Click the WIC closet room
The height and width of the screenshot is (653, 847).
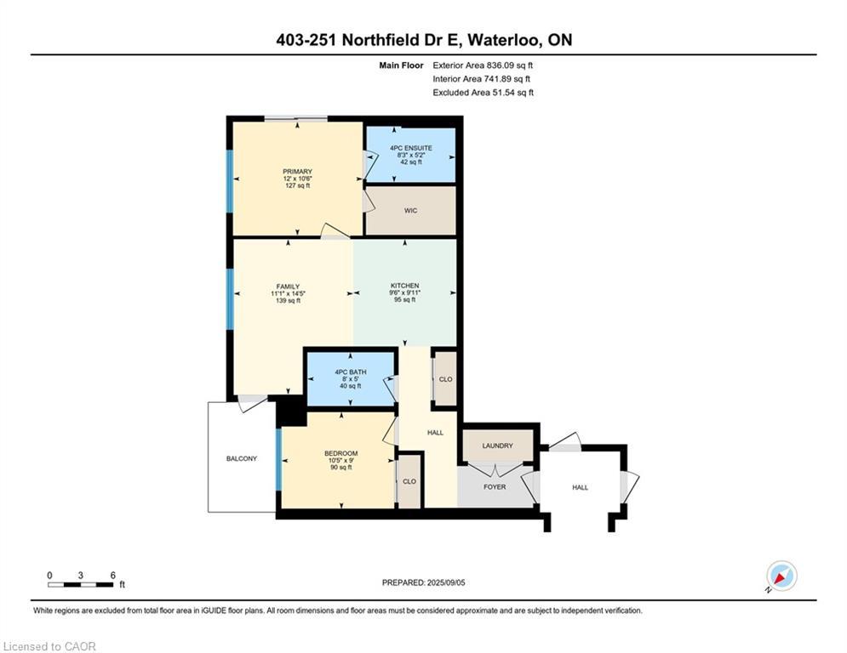point(410,211)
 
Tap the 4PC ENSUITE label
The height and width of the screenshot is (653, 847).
point(411,148)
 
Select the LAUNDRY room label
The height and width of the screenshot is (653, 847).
point(497,446)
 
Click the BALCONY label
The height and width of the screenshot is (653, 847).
point(242,458)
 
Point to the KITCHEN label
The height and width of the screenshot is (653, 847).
point(405,286)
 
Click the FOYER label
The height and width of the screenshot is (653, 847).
point(495,487)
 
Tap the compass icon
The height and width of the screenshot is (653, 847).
point(781,576)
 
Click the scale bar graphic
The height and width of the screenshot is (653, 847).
point(81,584)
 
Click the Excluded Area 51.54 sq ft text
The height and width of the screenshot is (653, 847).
point(483,93)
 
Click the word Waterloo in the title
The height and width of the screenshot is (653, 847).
point(505,40)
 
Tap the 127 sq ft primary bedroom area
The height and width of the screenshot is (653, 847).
point(298,185)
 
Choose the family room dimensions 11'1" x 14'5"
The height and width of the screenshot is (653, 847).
point(288,293)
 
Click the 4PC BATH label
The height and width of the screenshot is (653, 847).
point(351,372)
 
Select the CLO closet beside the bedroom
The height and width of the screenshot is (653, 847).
point(409,481)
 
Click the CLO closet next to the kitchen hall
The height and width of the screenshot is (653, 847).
point(446,379)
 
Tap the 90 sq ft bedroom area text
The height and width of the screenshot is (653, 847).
point(341,468)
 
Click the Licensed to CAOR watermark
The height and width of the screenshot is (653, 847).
point(49,646)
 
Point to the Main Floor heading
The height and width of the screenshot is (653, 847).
point(401,65)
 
